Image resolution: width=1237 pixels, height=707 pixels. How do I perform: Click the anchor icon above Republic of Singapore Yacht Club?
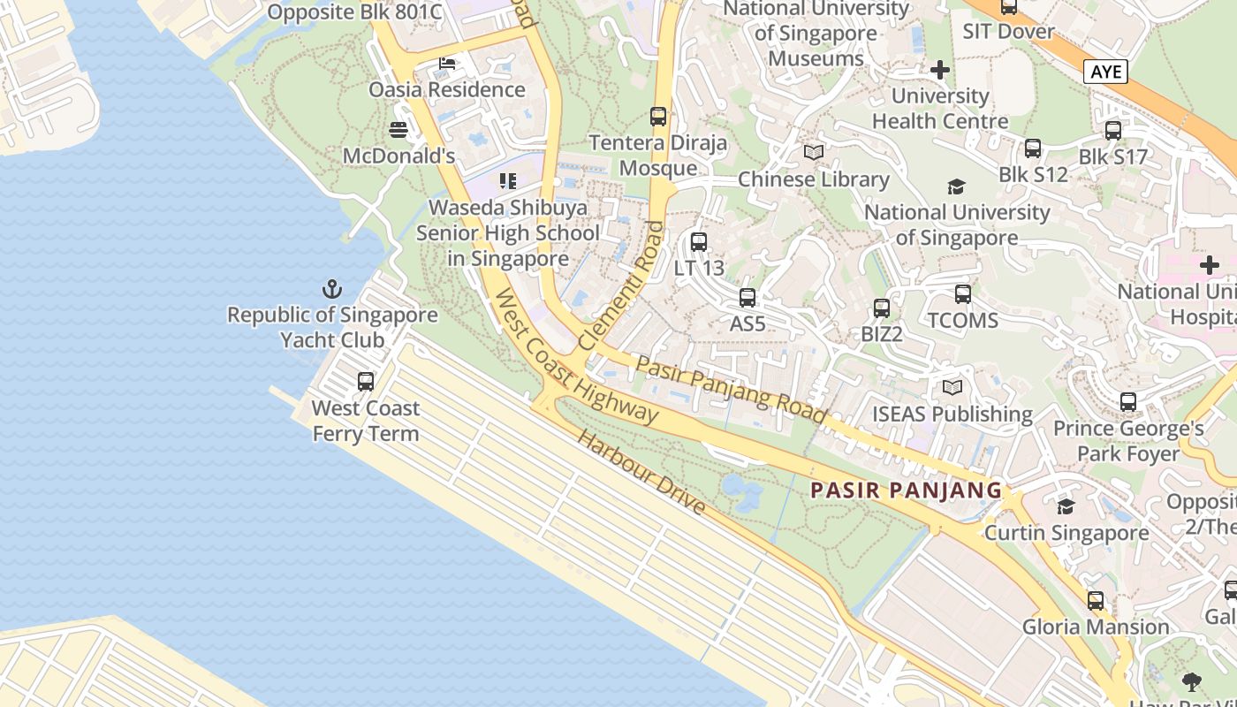[x=332, y=289]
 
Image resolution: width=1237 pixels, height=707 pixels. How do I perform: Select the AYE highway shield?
[x=1105, y=72]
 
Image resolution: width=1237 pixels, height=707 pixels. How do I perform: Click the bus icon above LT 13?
[x=699, y=241]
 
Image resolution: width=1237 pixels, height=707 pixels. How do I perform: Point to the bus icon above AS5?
[x=748, y=298]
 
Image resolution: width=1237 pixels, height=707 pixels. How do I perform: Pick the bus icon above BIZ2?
[x=882, y=308]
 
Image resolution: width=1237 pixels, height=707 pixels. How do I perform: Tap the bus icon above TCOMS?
[x=963, y=294]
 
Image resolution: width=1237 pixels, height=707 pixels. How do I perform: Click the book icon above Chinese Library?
[x=814, y=153]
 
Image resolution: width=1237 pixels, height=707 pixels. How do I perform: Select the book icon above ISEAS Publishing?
[x=952, y=388]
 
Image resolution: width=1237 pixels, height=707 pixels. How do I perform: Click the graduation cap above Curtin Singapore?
[x=1066, y=507]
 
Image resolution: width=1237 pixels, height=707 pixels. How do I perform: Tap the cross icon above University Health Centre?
[x=940, y=69]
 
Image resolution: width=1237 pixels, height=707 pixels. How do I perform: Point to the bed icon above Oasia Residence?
[x=447, y=64]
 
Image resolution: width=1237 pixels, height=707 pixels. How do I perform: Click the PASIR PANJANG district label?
[x=907, y=490]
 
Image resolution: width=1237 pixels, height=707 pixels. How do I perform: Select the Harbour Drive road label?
[x=641, y=473]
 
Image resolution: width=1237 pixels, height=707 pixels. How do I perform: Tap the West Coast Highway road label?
[x=576, y=357]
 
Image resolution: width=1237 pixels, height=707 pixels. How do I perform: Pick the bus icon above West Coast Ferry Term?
[x=366, y=382]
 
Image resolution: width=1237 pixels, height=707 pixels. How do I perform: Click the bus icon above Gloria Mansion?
[x=1096, y=601]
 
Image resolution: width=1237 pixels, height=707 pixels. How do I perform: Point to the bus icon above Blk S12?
[x=1033, y=148]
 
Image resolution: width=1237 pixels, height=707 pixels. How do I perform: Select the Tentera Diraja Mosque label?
[x=658, y=156]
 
